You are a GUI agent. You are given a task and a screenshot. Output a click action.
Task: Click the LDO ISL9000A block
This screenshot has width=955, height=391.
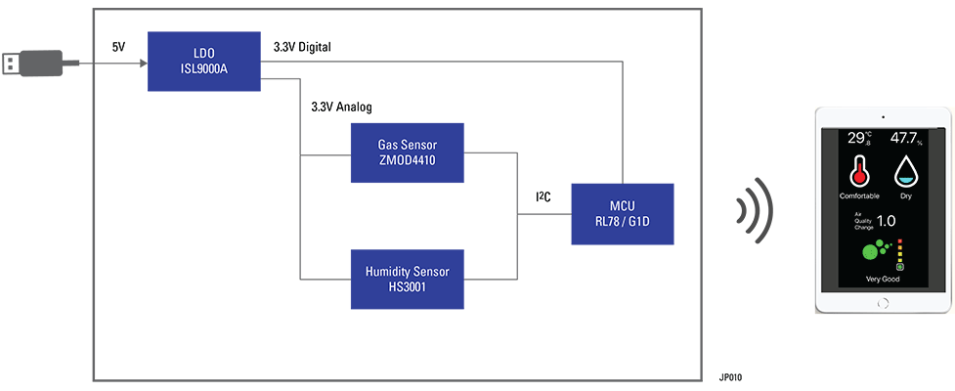204,61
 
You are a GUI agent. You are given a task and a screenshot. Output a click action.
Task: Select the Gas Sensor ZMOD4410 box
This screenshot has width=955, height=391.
408,152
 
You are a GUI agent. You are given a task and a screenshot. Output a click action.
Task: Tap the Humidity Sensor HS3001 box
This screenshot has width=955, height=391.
408,279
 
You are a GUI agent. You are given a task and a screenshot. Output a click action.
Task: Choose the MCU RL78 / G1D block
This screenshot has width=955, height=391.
622,213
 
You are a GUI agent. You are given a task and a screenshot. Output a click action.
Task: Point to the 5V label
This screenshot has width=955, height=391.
118,46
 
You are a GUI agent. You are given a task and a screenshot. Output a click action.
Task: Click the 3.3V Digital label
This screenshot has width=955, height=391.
301,46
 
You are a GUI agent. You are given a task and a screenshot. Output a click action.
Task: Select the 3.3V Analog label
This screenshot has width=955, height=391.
341,107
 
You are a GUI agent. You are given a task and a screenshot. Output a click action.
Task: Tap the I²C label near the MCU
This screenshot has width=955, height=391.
543,197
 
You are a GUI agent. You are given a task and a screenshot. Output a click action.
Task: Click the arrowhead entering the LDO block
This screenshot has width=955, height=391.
143,64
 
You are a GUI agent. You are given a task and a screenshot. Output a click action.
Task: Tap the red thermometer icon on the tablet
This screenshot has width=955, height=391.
859,170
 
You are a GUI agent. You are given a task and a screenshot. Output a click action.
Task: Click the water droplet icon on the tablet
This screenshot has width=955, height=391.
906,171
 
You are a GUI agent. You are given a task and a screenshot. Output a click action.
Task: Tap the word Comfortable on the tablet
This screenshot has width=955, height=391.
859,195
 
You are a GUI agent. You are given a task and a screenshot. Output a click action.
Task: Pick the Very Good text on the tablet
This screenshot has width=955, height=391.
883,279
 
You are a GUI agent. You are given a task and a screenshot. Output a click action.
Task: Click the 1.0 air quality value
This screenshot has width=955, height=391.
887,221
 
